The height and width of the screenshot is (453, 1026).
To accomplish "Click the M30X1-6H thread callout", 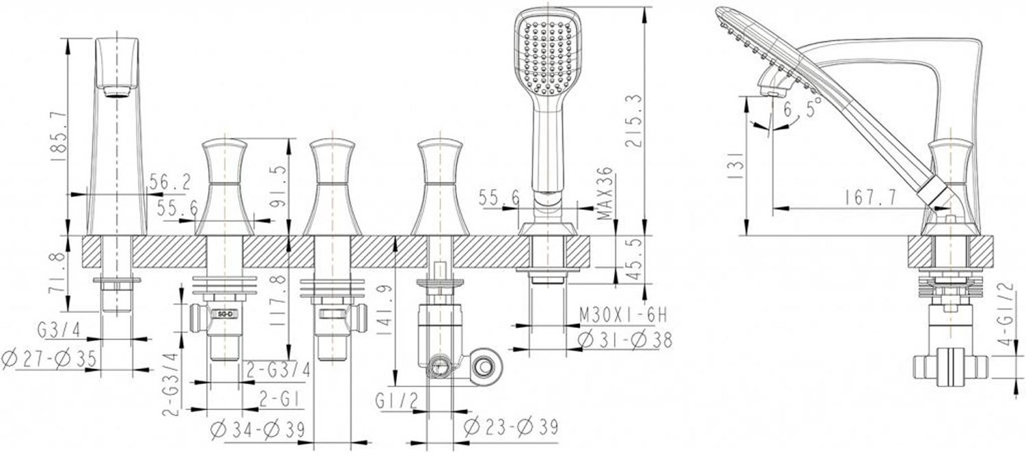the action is [623, 315].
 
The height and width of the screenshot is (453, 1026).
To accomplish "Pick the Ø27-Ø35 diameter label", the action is [49, 359].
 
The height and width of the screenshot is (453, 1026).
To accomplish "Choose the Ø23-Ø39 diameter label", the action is [511, 428].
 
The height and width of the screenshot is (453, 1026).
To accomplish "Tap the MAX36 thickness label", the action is [605, 193].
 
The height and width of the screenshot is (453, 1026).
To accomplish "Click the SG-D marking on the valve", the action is [225, 314].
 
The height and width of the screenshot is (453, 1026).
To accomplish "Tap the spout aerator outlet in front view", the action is [116, 92].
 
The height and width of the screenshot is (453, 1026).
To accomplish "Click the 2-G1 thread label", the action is [278, 399].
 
